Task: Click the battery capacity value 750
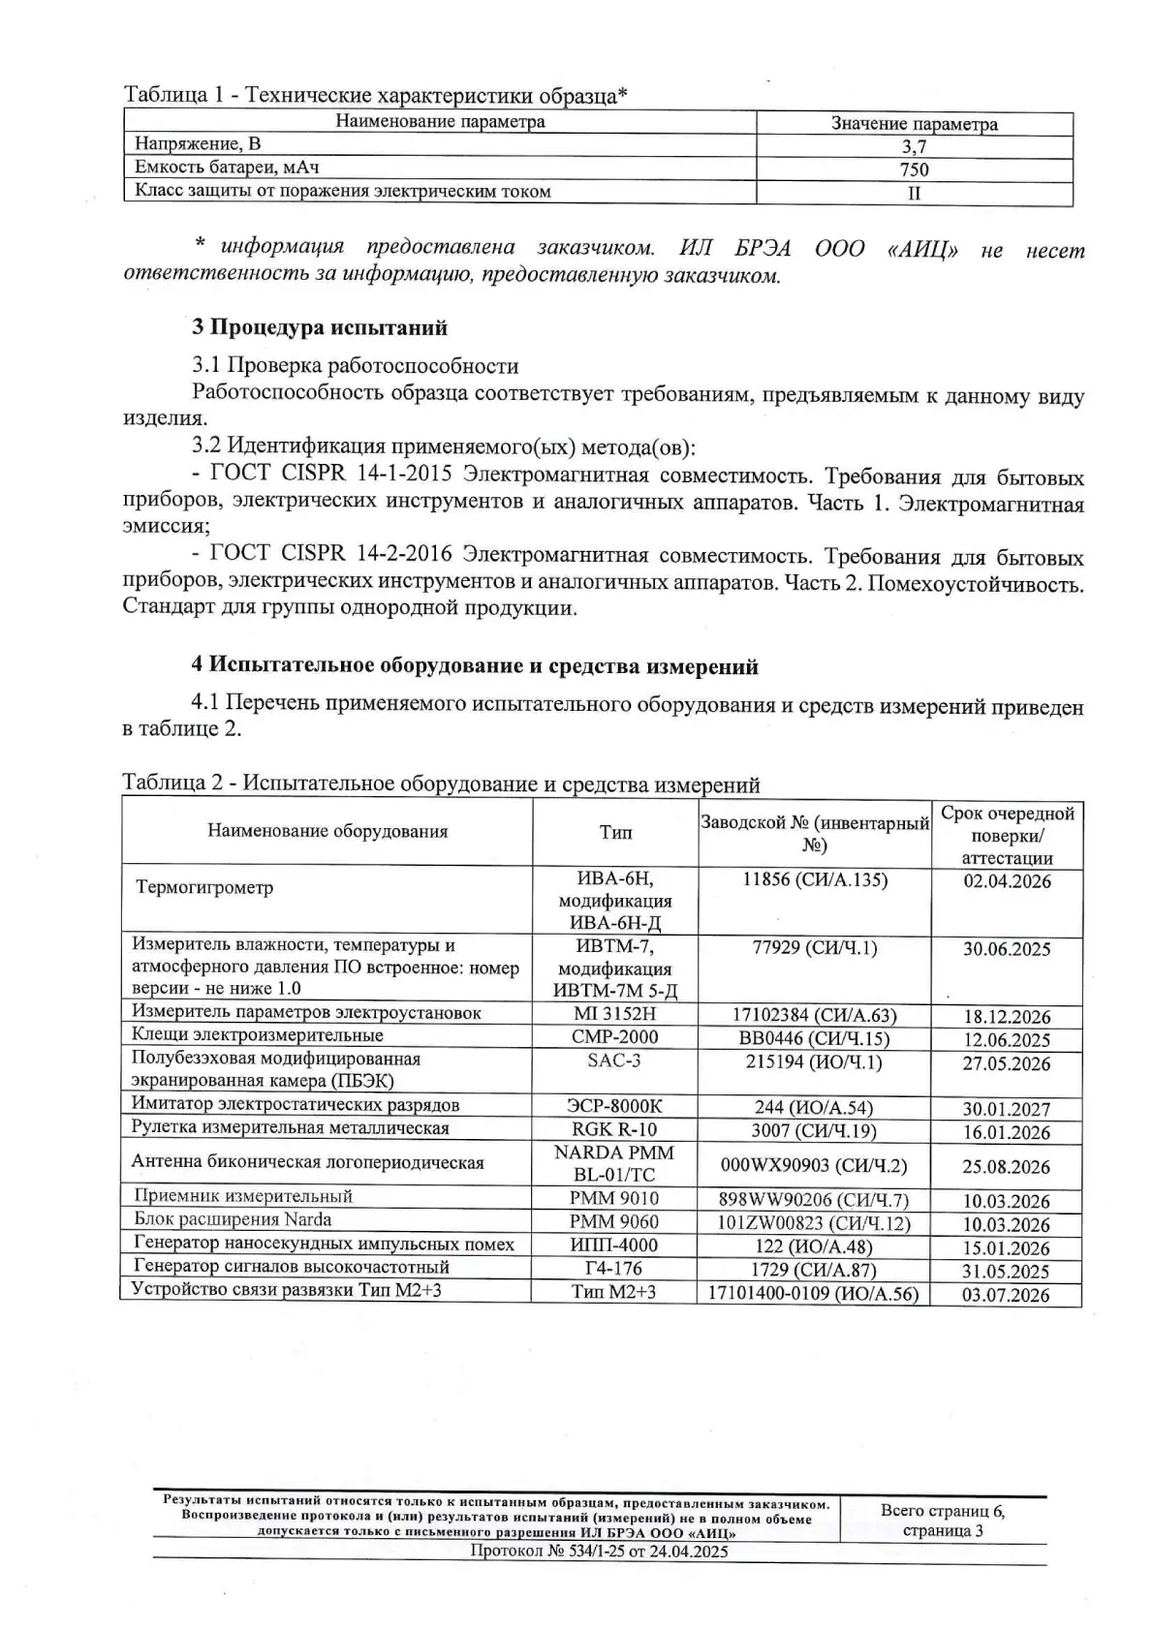coord(914,169)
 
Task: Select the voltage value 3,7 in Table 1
coord(914,147)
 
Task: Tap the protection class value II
coord(914,192)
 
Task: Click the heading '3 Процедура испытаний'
coord(320,327)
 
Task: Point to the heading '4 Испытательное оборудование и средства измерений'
coord(475,666)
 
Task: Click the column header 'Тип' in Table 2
coord(615,832)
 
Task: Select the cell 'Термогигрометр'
coord(205,887)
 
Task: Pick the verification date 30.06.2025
coord(1007,949)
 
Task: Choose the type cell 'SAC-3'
coord(614,1061)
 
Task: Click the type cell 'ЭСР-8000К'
coord(614,1106)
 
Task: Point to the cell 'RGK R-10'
coord(614,1129)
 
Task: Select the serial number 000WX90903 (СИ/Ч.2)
coord(814,1165)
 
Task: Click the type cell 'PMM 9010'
coord(614,1199)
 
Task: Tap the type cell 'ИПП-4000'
coord(614,1246)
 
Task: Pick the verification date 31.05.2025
coord(1007,1272)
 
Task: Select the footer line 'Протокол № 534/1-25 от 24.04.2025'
coord(599,1552)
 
